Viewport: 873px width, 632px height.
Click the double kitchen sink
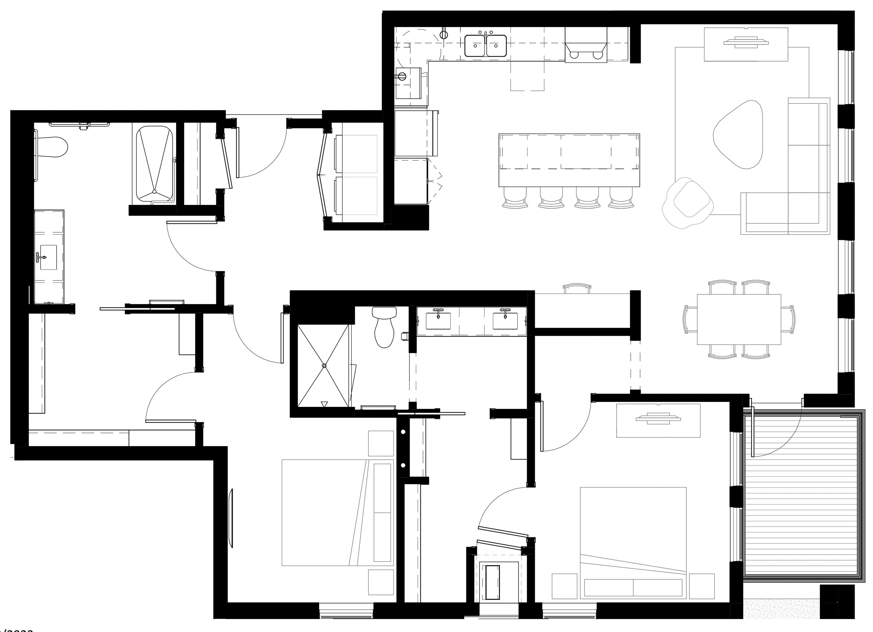485,45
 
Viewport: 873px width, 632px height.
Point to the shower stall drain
324,366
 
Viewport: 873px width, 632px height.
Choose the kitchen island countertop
569,160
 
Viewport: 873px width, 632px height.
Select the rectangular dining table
739,319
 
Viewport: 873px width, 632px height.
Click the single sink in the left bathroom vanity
48,257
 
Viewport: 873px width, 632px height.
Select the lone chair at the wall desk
576,288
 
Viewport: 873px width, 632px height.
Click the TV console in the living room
746,44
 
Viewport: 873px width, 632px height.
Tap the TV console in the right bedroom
658,420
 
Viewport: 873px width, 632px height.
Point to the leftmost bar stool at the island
515,198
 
